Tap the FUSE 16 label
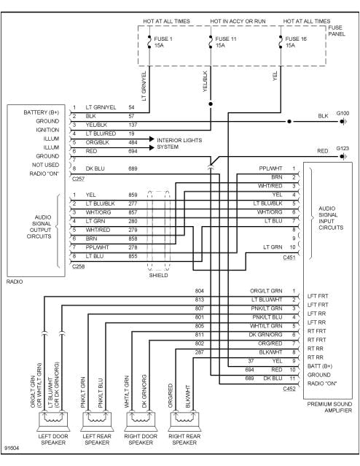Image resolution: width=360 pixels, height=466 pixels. coord(296,39)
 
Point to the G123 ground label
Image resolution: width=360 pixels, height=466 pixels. coord(342,148)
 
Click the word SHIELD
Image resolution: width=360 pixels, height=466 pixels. coord(158,275)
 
